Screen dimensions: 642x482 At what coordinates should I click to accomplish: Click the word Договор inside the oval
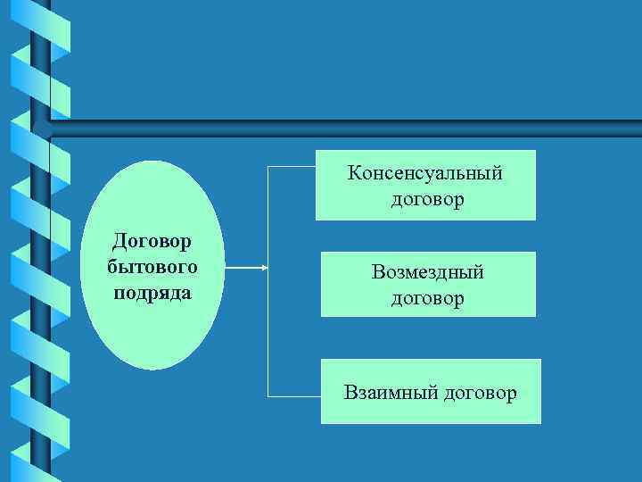152,241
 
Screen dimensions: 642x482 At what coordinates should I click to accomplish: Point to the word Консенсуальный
426,172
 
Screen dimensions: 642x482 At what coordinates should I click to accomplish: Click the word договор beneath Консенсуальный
427,199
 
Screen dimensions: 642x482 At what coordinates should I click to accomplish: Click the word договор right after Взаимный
479,393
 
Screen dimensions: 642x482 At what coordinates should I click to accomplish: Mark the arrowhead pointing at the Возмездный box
264,267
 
